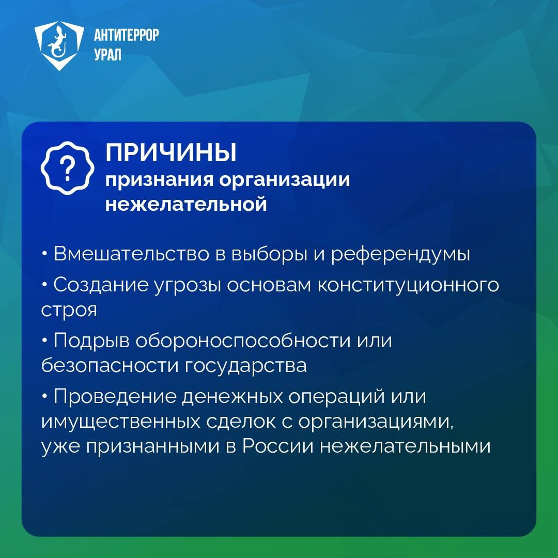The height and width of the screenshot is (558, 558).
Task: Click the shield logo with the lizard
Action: click(59, 45)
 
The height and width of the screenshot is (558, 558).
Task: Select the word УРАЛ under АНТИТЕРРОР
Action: click(108, 55)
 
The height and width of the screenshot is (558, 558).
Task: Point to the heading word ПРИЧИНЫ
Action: click(171, 153)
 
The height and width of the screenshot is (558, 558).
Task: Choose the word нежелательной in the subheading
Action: click(186, 204)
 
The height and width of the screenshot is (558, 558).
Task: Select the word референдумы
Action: click(400, 254)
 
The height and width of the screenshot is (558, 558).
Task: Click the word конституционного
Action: click(408, 285)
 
